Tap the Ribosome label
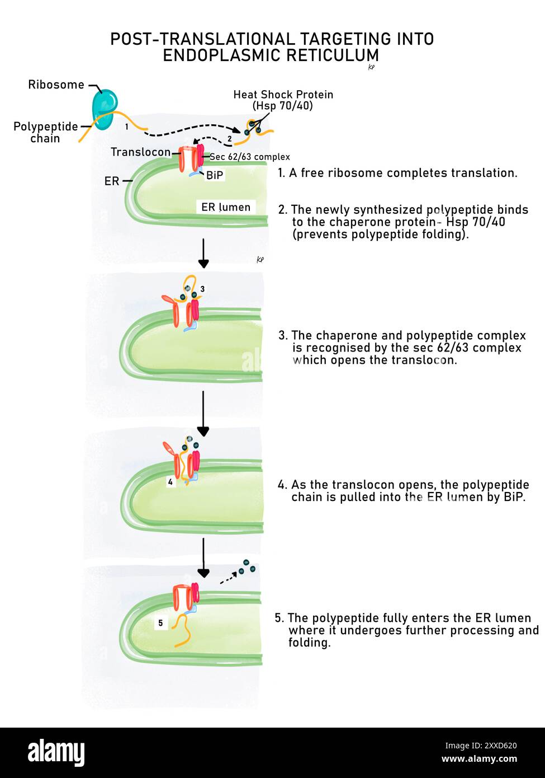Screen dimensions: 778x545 (56, 85)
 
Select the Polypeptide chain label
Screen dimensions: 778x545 (45, 132)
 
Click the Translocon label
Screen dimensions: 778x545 (140, 152)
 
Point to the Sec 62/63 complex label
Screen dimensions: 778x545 (249, 157)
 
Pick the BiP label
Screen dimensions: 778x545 (215, 176)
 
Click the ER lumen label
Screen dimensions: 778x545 (226, 207)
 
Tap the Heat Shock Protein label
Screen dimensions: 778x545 (283, 100)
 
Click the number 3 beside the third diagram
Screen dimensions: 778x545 (202, 289)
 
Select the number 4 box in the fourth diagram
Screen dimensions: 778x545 (170, 481)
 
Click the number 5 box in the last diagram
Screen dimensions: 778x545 (160, 623)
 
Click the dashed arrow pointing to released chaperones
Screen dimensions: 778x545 (228, 579)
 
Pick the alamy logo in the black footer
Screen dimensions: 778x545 (56, 753)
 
